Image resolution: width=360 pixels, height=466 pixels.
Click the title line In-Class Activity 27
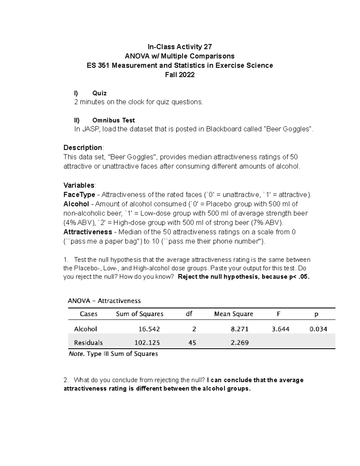(x=180, y=47)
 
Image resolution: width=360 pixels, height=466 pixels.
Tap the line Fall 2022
(x=180, y=75)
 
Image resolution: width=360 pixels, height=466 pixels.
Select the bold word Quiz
(x=99, y=93)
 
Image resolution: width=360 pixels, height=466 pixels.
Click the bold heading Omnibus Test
(x=113, y=120)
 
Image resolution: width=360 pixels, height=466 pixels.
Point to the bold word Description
(x=83, y=148)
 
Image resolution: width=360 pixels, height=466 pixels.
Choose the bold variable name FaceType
(x=79, y=195)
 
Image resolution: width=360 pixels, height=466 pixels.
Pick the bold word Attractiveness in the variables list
(x=88, y=232)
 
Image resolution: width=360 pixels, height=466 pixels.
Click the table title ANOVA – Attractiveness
(x=104, y=301)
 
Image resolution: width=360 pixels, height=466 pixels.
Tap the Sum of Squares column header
(x=139, y=314)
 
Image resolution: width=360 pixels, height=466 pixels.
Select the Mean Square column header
(x=233, y=314)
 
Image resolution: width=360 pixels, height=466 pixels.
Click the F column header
(x=278, y=314)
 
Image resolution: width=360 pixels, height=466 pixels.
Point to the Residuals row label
(x=88, y=343)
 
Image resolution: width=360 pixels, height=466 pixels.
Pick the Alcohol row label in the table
(x=85, y=329)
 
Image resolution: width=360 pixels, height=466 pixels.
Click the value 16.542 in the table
(x=149, y=329)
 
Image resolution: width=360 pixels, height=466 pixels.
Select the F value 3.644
(x=280, y=329)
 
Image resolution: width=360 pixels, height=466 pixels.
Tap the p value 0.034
(x=318, y=329)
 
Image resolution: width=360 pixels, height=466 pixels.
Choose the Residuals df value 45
(x=192, y=343)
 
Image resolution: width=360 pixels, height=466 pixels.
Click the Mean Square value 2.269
(x=239, y=343)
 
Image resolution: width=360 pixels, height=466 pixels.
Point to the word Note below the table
(x=76, y=354)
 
